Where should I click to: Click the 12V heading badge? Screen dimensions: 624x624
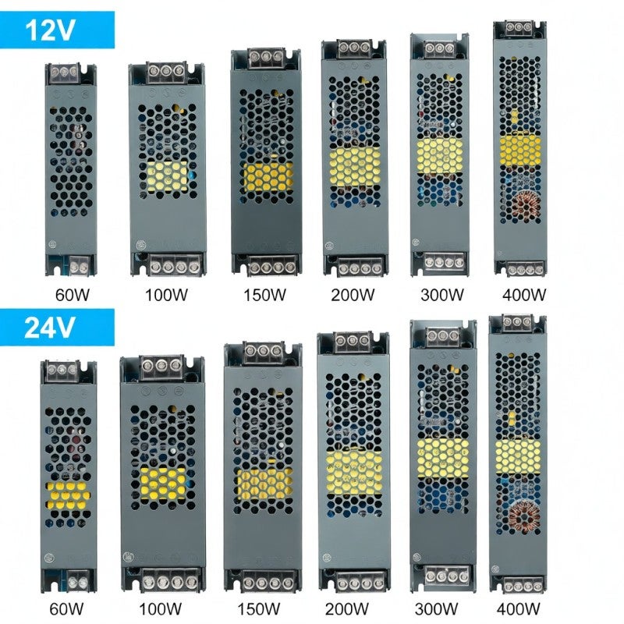coord(57,30)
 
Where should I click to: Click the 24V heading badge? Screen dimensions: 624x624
coord(57,328)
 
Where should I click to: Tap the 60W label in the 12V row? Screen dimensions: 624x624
coord(73,295)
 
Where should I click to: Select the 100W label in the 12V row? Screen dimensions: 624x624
coord(166,295)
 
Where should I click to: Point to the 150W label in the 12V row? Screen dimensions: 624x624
coord(264,295)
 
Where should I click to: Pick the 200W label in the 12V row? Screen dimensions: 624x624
coord(353,295)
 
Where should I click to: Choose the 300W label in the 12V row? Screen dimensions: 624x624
coord(442,295)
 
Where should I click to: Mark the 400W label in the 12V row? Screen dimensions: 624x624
coord(524,295)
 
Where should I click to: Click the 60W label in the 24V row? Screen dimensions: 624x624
coord(66,609)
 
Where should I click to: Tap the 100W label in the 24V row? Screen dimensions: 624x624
coord(160,609)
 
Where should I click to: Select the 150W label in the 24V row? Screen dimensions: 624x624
coord(259,609)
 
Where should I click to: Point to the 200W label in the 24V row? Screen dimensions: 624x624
coord(346,609)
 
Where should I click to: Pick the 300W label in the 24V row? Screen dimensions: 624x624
coord(436,609)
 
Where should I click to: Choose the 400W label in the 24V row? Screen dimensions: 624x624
coord(518,609)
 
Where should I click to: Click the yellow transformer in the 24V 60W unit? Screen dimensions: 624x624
coord(68,495)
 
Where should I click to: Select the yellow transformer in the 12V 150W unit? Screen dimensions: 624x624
coord(268,177)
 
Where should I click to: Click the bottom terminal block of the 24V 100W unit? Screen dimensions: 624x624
coord(170,582)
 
